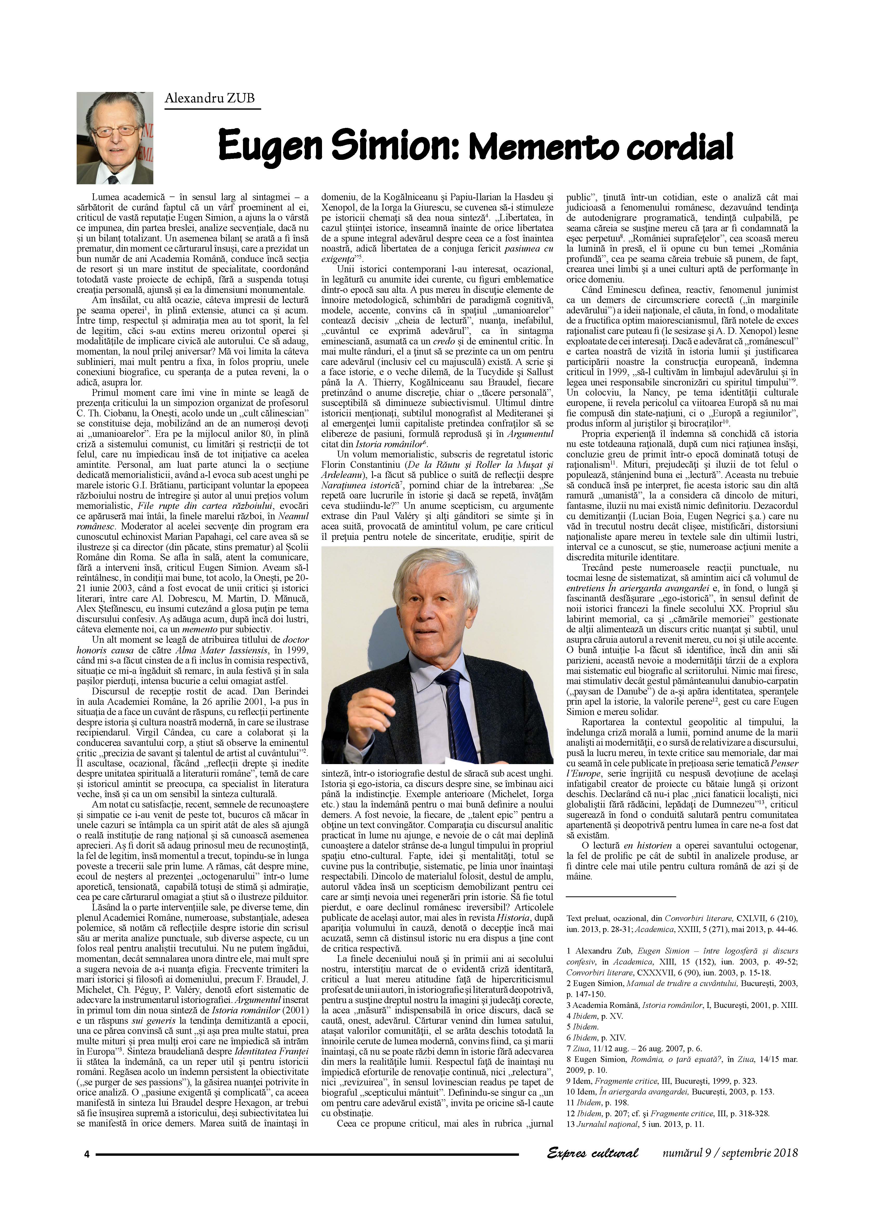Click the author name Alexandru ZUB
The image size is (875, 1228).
point(210,98)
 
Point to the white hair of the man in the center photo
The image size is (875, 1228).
point(431,582)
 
